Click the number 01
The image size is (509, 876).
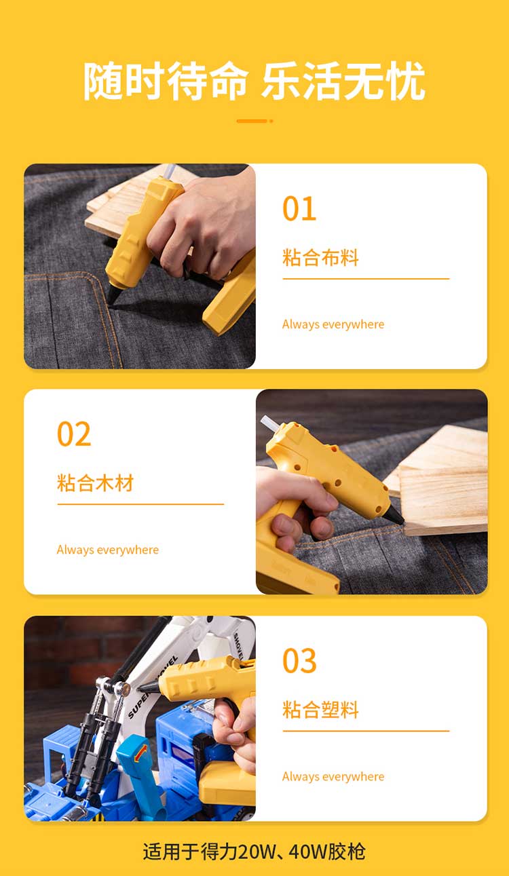coord(299,209)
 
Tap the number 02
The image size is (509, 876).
coord(74,434)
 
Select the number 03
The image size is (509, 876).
coord(299,660)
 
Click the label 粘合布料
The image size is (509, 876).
coord(320,258)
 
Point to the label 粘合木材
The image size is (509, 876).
coord(95,483)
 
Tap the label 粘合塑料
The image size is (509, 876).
coord(320,709)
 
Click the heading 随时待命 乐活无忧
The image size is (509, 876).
coord(254,81)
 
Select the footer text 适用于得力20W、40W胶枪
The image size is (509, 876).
coord(254,852)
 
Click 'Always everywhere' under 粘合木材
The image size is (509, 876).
coord(108,550)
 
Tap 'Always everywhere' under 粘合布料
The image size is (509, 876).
coord(333,324)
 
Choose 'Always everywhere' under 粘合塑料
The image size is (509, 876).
coord(333,777)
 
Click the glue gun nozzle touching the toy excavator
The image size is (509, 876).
coord(149,687)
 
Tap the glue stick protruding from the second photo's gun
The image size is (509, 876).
coord(270,423)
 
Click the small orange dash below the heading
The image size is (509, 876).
coord(254,121)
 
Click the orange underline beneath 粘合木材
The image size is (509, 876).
coord(140,504)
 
